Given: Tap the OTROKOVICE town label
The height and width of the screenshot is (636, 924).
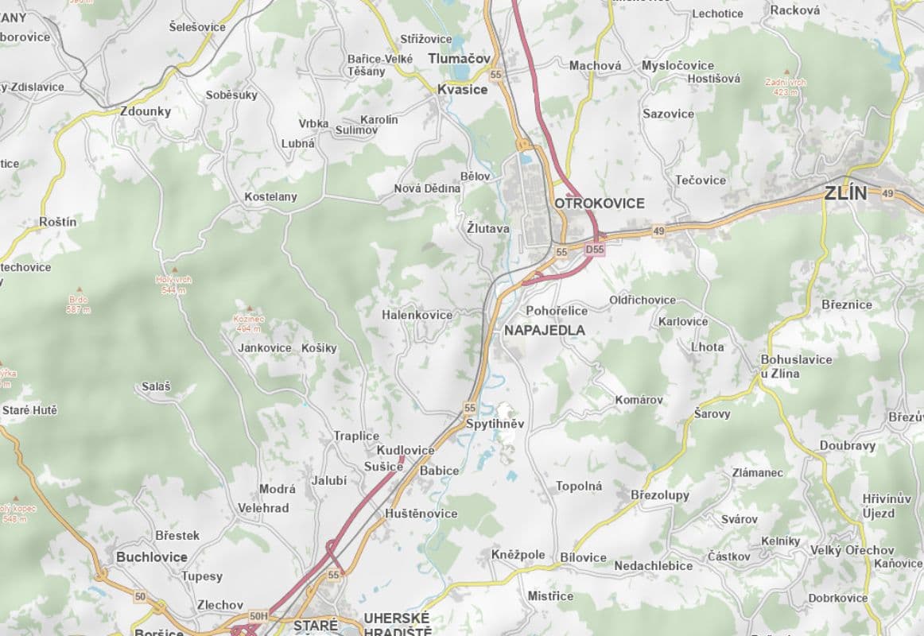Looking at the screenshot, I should point(600,204).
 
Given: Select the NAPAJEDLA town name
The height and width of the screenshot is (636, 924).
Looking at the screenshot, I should point(545,330).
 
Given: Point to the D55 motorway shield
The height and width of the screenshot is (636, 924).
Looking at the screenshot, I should point(594,250).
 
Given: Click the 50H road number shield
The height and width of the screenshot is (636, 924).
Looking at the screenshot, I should point(258,616).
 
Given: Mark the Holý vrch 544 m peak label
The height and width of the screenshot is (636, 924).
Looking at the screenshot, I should point(173,284).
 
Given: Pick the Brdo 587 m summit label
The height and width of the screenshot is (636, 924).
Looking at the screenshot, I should point(78,304).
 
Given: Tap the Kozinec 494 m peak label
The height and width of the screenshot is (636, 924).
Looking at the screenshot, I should point(248,323).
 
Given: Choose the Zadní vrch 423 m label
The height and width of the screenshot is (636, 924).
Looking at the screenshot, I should point(786,87).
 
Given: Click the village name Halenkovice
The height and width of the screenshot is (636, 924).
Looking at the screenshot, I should point(417,315).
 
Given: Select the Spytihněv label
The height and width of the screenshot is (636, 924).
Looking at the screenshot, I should point(495,424).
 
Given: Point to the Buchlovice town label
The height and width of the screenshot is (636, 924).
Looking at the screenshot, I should point(152,557).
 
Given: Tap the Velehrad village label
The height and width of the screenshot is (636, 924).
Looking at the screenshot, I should point(263,508).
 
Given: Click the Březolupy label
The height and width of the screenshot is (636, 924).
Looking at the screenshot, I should point(660,495).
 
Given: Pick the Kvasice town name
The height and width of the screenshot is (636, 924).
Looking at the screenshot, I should point(462,90).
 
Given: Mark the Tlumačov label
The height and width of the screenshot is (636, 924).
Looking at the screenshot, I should point(459,59).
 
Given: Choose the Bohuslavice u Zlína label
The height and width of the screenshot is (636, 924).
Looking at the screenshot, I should point(796,366).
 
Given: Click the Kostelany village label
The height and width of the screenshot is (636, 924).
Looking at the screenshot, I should point(270,196).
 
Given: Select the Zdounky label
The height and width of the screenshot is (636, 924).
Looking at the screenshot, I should point(146,111).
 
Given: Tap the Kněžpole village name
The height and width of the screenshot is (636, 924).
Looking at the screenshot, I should point(518,554).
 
